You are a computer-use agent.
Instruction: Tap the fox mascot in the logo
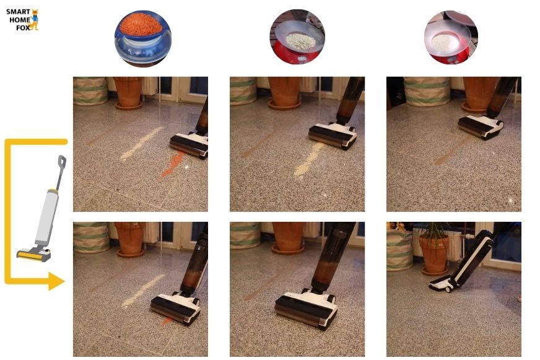[x=35, y=20]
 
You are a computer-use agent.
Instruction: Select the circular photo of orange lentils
[x=143, y=38]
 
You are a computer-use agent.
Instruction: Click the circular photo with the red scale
[x=297, y=37]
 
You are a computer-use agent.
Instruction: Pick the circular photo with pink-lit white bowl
[x=451, y=37]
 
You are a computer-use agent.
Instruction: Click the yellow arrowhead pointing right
[x=56, y=281]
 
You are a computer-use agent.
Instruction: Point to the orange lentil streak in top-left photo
[x=173, y=165]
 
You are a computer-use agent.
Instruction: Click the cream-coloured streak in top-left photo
[x=141, y=143]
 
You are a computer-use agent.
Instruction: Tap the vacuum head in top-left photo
[x=189, y=146]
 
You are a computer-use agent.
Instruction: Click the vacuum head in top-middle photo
[x=333, y=136]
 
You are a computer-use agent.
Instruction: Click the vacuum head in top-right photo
[x=481, y=127]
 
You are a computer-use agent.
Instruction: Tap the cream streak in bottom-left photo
[x=143, y=291]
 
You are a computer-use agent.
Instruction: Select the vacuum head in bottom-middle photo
[x=306, y=309]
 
